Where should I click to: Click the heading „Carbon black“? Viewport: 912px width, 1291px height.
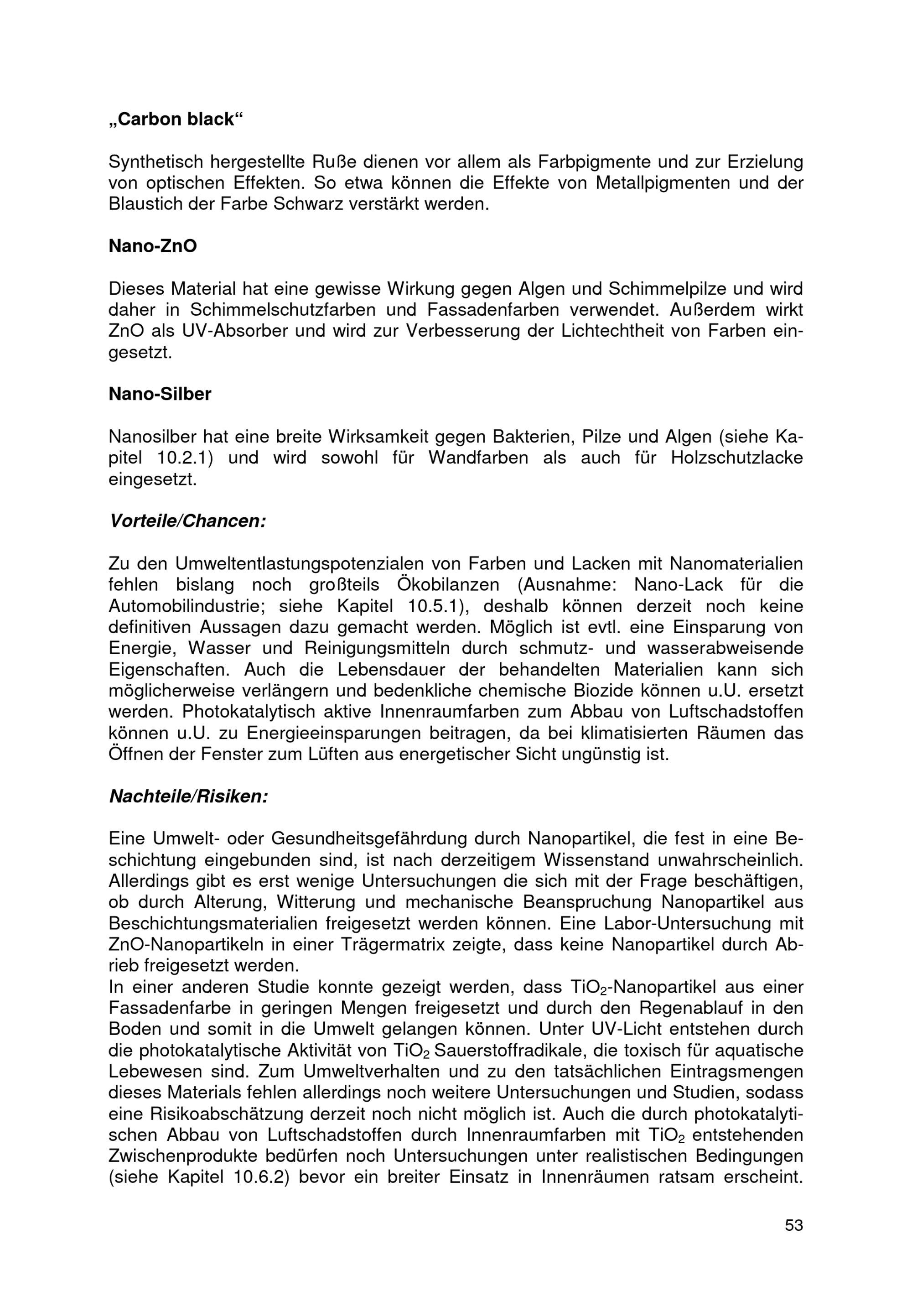(x=175, y=119)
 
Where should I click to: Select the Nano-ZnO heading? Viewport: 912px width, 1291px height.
(x=153, y=246)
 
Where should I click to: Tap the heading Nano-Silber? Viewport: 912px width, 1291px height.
(x=160, y=394)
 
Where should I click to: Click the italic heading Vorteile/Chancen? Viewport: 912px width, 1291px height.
(x=187, y=521)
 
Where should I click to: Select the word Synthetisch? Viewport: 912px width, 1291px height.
(x=155, y=162)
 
